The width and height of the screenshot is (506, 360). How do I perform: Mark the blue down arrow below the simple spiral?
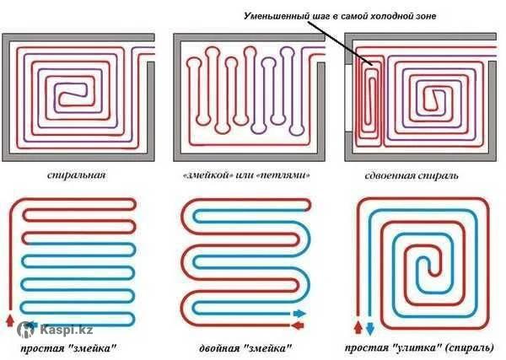click(x=369, y=326)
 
